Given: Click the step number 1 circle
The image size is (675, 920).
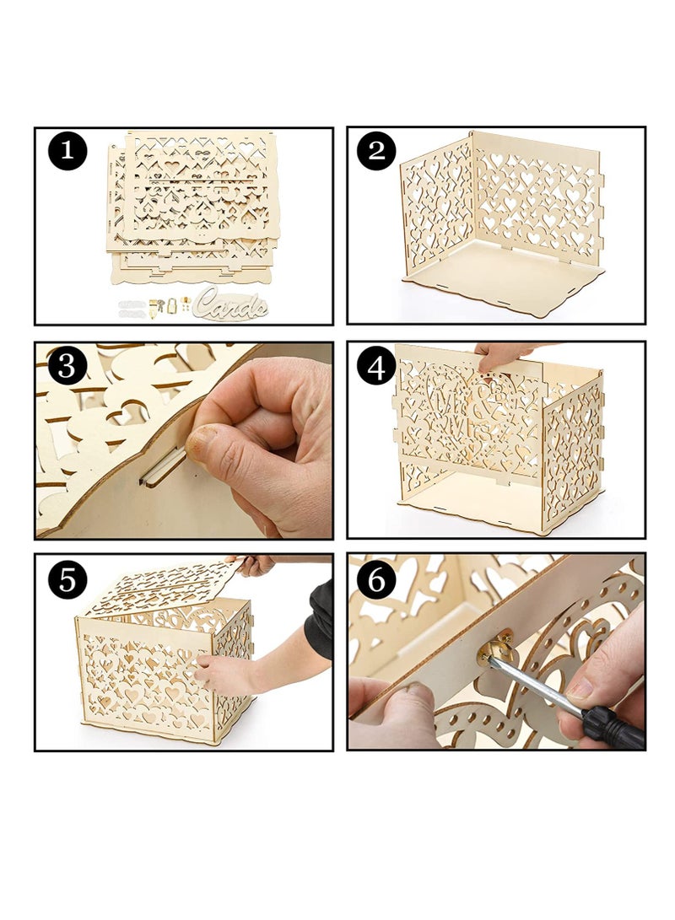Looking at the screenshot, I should (x=67, y=152).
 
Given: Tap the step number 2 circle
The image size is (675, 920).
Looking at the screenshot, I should (x=377, y=152).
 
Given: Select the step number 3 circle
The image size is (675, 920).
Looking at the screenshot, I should (x=67, y=365).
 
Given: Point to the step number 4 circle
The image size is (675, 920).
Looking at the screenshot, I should (x=377, y=365).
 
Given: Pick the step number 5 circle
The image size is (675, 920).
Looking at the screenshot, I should (x=67, y=578).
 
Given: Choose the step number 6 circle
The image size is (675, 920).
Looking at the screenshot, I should (x=377, y=578).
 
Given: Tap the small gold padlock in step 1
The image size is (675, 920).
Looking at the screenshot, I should (x=171, y=305).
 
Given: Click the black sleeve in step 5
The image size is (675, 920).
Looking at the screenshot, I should (x=321, y=620).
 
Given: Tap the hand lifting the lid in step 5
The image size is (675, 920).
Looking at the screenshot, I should (x=253, y=564).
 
